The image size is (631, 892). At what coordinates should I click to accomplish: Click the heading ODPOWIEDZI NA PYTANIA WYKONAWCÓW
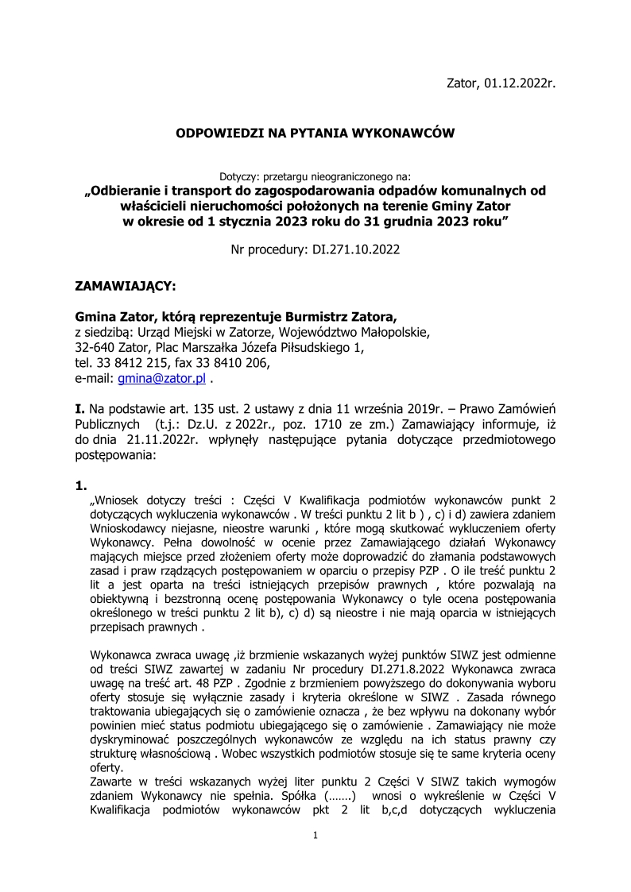[x=315, y=133]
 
